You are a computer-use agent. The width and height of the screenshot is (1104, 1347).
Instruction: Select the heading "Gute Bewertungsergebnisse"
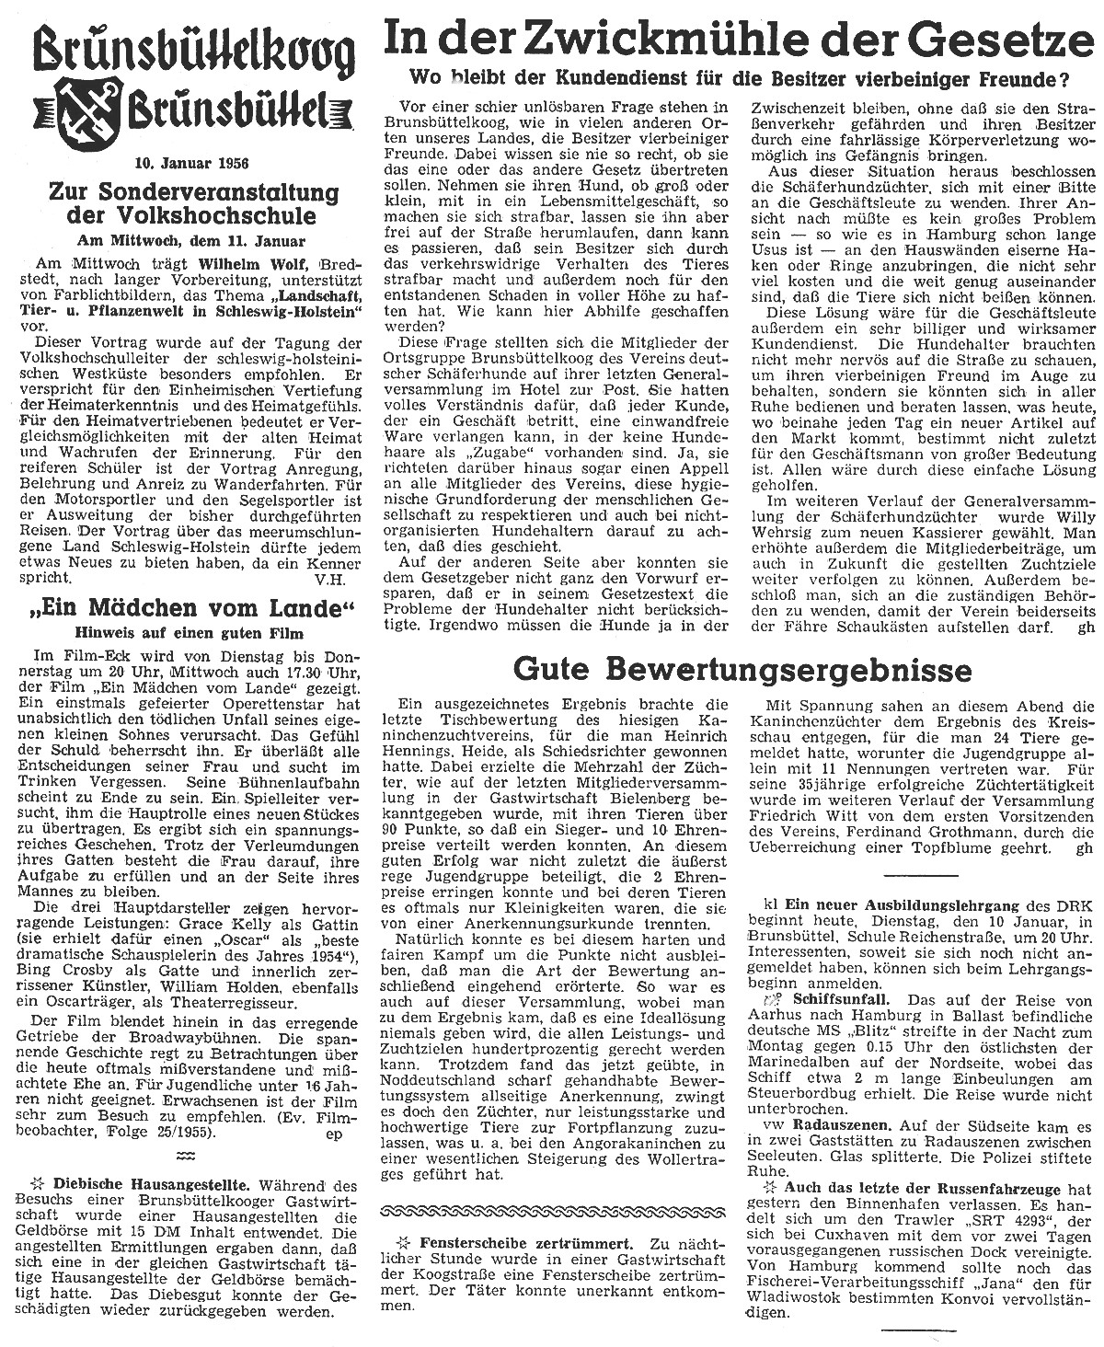point(742,665)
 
